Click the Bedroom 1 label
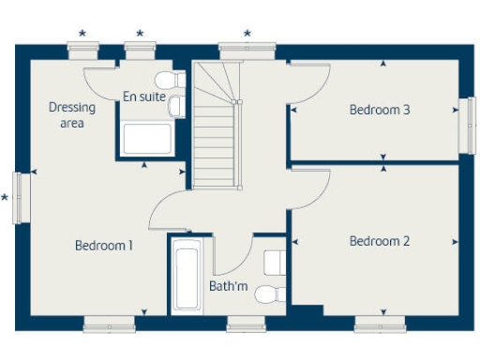coord(103,246)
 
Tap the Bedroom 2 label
coord(380,241)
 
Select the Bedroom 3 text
coord(380,110)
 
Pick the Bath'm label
coord(228,286)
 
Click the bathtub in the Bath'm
coord(187,278)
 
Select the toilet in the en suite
coord(166,79)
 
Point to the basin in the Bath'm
coord(275,261)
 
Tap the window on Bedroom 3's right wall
coord(466,125)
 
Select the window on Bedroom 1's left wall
coord(18,197)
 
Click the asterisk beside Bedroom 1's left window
coord(6,198)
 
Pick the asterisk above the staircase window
coord(247,35)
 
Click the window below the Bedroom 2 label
coord(380,325)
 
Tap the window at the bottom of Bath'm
coord(247,325)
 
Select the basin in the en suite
coord(174,107)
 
